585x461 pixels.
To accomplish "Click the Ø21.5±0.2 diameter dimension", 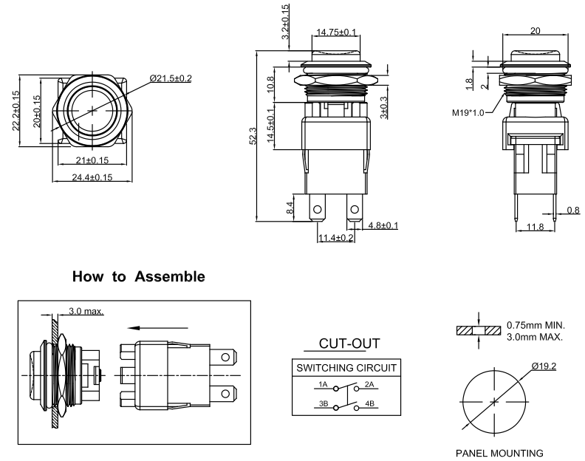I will (x=170, y=78).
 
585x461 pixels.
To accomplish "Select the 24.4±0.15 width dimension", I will (x=92, y=177).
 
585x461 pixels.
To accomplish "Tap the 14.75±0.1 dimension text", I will (x=336, y=32).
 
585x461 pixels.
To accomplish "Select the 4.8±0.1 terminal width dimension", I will (x=383, y=225).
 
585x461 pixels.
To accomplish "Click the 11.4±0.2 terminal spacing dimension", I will (x=336, y=237).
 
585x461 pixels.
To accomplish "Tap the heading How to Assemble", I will (x=139, y=277).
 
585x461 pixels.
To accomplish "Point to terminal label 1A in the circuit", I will (x=323, y=384).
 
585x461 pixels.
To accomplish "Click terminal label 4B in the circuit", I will (x=370, y=404).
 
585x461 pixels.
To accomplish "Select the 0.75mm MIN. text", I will (x=535, y=324).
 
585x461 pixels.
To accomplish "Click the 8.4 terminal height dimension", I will (x=290, y=209).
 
